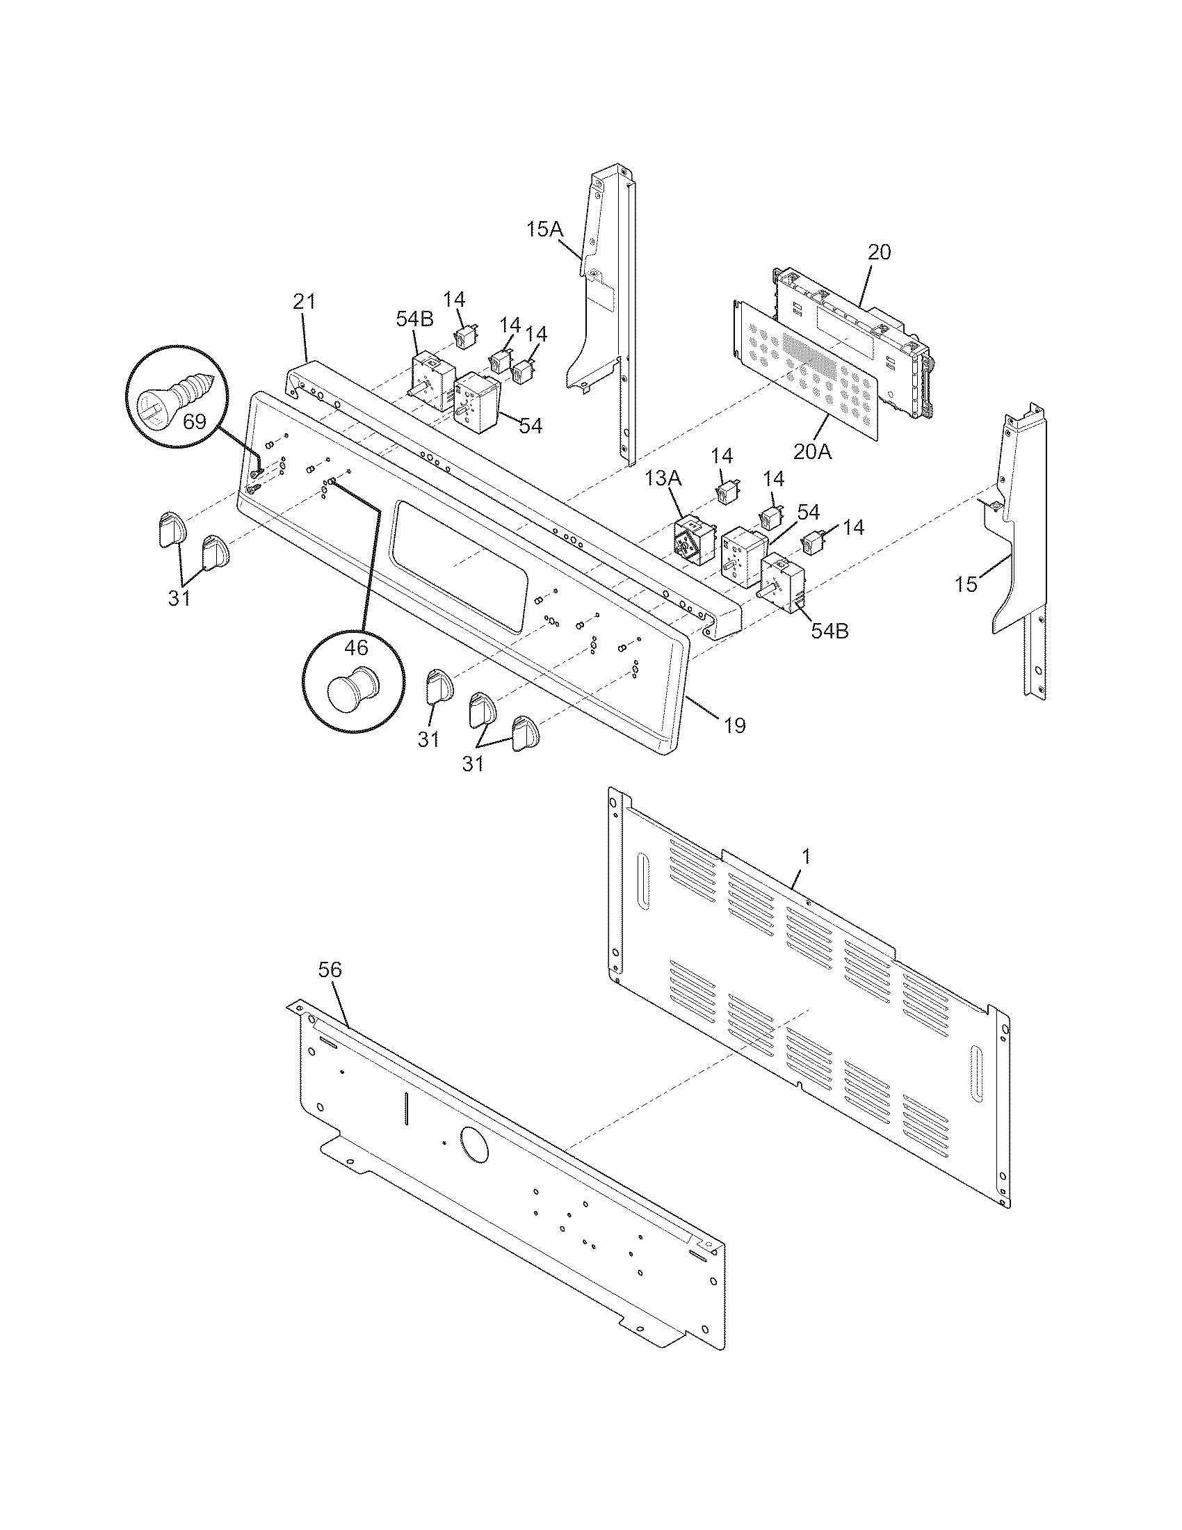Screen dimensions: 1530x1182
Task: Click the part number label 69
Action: [195, 421]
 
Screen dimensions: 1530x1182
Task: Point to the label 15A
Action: [546, 229]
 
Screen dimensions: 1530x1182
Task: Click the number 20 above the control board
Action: [880, 252]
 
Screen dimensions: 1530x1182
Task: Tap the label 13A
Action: [663, 478]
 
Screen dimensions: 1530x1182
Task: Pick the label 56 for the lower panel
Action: [330, 969]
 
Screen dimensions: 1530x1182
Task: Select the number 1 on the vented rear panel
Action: [806, 855]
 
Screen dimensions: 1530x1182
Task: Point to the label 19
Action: [734, 725]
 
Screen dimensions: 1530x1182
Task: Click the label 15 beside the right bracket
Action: [966, 584]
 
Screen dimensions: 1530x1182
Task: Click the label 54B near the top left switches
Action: [414, 319]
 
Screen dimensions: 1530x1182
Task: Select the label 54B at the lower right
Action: [829, 631]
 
